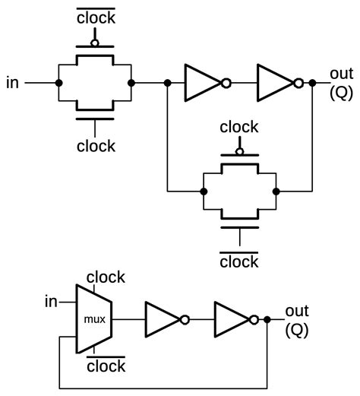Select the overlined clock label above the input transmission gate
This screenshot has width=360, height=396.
pyautogui.click(x=96, y=17)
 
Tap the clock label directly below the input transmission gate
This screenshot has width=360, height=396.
pyautogui.click(x=96, y=145)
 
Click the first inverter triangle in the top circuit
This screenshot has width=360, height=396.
pyautogui.click(x=200, y=82)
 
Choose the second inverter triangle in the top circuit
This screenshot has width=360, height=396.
pyautogui.click(x=273, y=82)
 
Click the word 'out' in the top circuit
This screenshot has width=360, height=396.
pyautogui.click(x=341, y=74)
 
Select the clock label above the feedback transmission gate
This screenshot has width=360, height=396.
pyautogui.click(x=239, y=127)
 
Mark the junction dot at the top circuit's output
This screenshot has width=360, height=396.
pyautogui.click(x=313, y=82)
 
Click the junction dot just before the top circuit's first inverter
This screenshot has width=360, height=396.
pyautogui.click(x=166, y=82)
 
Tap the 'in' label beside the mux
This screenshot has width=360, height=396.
pyautogui.click(x=51, y=303)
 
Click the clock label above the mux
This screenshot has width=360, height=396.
pyautogui.click(x=105, y=278)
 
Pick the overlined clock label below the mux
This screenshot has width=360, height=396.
pyautogui.click(x=106, y=366)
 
